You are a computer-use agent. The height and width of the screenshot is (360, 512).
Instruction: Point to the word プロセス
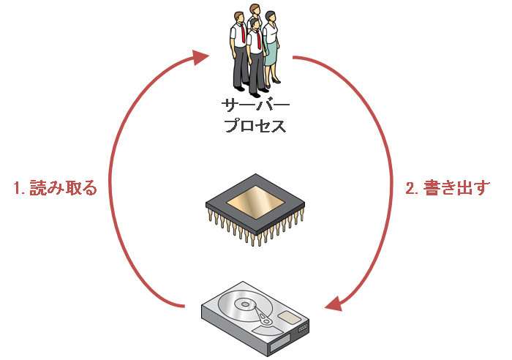pyautogui.click(x=255, y=126)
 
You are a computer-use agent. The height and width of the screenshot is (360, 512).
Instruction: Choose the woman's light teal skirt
pyautogui.click(x=271, y=53)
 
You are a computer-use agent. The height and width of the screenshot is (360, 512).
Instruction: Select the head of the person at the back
pyautogui.click(x=255, y=9)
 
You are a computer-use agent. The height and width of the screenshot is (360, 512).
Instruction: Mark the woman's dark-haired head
pyautogui.click(x=271, y=15)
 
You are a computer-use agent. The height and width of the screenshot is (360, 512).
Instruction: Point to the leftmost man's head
pyautogui.click(x=240, y=17)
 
